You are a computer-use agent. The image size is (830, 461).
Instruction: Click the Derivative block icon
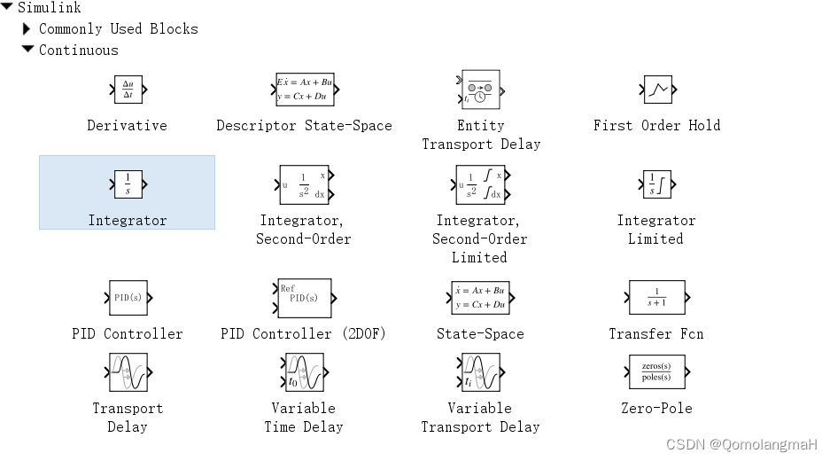tap(128, 90)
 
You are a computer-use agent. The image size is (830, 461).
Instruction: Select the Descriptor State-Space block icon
tap(305, 90)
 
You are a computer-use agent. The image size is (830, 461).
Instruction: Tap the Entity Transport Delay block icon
tap(481, 90)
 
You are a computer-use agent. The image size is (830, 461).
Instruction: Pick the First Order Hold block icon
tap(657, 90)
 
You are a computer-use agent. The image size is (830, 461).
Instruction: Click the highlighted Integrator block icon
tap(128, 184)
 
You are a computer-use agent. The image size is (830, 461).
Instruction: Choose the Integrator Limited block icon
tap(656, 184)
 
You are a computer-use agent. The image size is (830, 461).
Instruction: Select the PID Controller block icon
tap(128, 298)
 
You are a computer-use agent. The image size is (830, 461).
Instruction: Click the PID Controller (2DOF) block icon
tap(304, 298)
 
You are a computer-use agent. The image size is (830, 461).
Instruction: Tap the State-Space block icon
tap(480, 298)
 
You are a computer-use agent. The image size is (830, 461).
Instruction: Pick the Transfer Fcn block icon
tap(656, 298)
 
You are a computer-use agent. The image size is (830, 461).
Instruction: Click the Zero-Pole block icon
tap(656, 372)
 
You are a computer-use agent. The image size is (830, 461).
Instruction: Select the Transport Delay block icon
tap(128, 372)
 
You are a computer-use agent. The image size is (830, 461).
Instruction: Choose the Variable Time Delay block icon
tap(304, 372)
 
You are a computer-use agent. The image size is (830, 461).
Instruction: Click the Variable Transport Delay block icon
tap(480, 372)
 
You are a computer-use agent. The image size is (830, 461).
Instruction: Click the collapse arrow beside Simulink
tap(7, 6)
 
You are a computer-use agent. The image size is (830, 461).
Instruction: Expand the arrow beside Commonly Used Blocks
tap(27, 28)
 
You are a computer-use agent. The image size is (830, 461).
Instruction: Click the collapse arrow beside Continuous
tap(27, 50)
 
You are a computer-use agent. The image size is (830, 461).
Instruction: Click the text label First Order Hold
tap(656, 126)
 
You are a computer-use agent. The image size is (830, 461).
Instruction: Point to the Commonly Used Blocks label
tap(119, 28)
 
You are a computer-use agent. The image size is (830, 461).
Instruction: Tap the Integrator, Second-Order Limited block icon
tap(480, 184)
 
